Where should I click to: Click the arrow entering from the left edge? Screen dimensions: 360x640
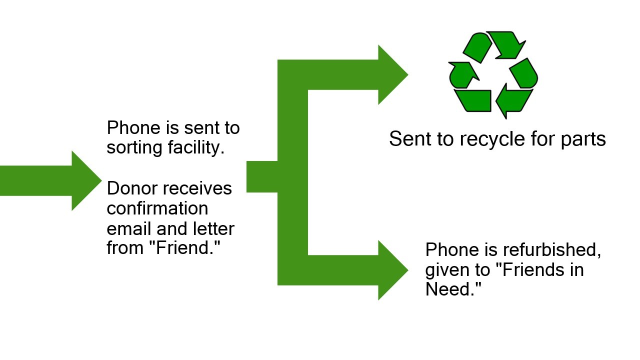tap(50, 180)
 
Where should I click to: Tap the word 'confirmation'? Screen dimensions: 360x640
tap(157, 208)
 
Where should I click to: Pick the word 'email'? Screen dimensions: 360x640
tap(128, 228)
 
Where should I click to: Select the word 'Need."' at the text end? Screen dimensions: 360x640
tap(453, 289)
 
